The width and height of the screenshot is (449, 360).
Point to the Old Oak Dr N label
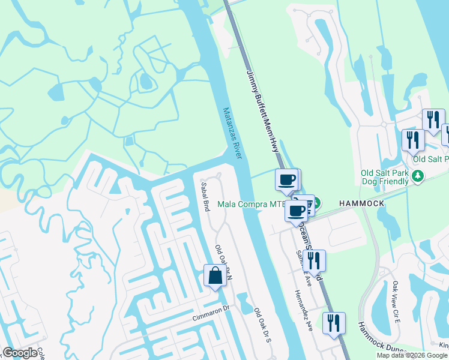click(223, 262)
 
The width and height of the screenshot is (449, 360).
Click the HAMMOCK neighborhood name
click(361, 204)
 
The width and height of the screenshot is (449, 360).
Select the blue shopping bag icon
click(215, 276)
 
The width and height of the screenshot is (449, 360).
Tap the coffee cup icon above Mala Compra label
click(287, 179)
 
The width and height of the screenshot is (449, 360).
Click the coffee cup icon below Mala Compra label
click(296, 211)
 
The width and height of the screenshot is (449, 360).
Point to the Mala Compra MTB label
click(251, 204)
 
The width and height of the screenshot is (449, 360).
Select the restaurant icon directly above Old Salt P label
click(412, 140)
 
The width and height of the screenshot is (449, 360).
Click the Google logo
click(20, 353)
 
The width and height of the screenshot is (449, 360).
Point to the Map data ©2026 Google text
click(412, 355)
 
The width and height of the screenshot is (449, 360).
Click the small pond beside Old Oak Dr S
click(244, 302)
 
